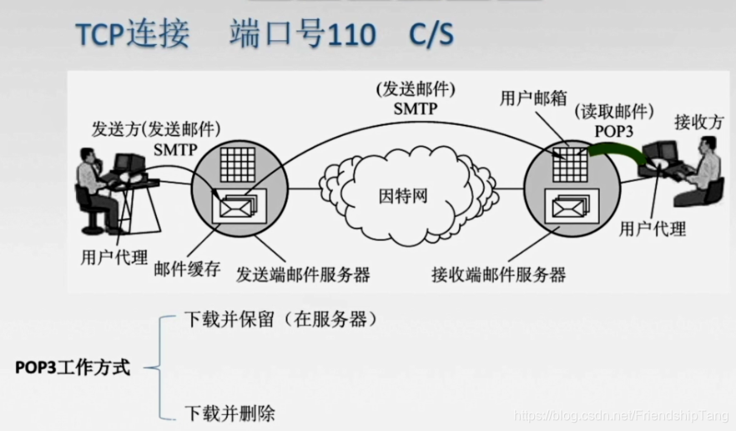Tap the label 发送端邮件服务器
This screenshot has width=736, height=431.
click(303, 273)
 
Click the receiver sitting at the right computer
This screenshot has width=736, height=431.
click(705, 171)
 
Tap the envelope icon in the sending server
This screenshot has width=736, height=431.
click(237, 203)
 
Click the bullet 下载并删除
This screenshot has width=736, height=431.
click(229, 413)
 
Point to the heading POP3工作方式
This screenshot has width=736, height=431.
click(73, 368)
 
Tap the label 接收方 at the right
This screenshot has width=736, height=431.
click(699, 122)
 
